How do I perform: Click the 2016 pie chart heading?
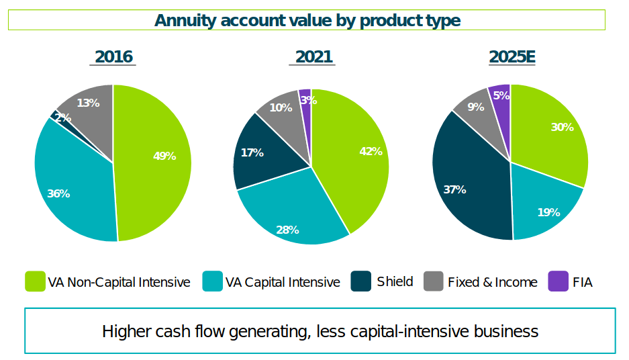click(113, 57)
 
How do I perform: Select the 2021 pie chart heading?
click(313, 57)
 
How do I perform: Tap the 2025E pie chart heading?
click(512, 57)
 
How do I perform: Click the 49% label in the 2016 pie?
click(164, 156)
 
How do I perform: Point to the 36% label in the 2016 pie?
click(58, 193)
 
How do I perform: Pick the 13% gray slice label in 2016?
click(88, 103)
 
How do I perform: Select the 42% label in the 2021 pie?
click(371, 151)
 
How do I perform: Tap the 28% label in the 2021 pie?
click(287, 230)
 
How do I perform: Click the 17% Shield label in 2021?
click(252, 152)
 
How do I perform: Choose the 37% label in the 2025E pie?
click(454, 189)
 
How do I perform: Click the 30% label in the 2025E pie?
click(562, 127)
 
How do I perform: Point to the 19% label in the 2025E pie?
click(548, 212)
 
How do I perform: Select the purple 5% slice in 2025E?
click(501, 95)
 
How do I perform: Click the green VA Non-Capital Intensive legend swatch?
click(34, 281)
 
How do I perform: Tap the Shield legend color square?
click(361, 281)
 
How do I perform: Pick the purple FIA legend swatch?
click(558, 281)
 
